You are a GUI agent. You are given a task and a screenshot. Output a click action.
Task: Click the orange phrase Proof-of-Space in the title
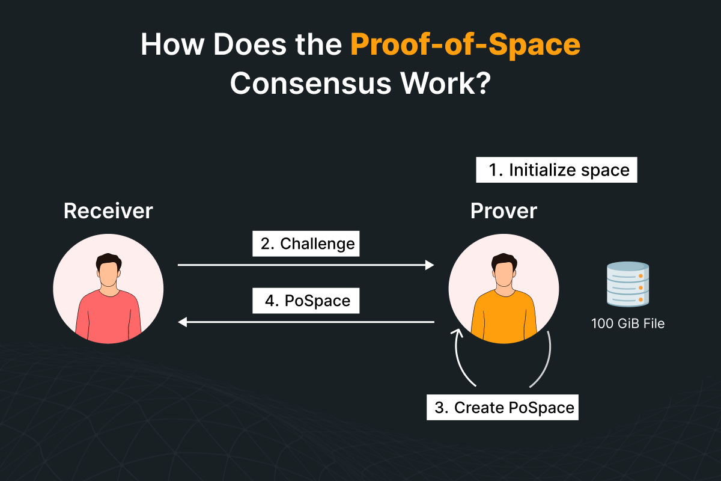(x=465, y=45)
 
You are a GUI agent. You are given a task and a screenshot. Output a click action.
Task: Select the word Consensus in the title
(x=310, y=83)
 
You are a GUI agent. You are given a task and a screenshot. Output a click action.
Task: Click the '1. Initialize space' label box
(x=556, y=170)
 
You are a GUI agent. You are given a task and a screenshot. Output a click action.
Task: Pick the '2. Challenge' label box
(x=306, y=244)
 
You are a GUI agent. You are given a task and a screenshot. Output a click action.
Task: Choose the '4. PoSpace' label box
(x=306, y=301)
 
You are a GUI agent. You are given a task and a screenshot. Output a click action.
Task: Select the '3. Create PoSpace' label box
(x=502, y=407)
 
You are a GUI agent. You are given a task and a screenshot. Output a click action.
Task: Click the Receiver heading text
(x=108, y=211)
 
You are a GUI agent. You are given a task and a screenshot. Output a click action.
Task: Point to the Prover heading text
(x=503, y=211)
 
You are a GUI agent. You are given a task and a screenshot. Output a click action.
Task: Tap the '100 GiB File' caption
(x=628, y=323)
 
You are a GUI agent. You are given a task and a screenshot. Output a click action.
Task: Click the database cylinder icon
(x=628, y=284)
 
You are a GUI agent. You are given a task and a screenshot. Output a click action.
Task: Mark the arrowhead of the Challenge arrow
(x=430, y=265)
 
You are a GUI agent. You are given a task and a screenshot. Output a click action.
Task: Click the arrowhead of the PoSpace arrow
(x=183, y=322)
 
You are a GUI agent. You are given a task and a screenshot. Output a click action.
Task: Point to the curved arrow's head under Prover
(x=457, y=333)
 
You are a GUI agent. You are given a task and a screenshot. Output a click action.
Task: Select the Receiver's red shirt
(x=108, y=317)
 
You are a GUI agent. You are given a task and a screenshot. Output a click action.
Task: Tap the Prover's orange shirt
(x=503, y=317)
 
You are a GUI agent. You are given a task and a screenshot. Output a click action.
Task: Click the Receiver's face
(x=108, y=274)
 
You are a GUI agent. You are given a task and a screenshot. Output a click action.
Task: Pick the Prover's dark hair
(x=504, y=260)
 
